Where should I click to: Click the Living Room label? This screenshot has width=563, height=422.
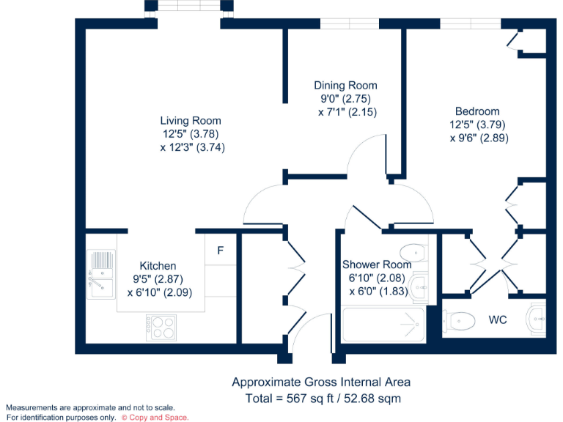tap(191, 121)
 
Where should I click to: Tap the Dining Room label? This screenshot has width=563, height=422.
tap(345, 86)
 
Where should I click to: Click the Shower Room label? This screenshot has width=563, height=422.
tap(377, 264)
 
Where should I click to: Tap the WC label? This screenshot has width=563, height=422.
tap(498, 320)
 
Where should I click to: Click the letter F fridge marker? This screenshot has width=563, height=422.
tap(220, 251)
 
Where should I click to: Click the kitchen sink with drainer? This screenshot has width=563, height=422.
tap(100, 275)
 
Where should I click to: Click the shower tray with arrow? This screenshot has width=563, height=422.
tap(383, 323)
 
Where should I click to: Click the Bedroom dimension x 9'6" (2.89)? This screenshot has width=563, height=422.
tap(479, 137)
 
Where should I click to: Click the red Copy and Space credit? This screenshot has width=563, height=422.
tap(155, 417)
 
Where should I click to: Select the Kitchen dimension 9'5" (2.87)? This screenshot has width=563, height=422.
tap(158, 278)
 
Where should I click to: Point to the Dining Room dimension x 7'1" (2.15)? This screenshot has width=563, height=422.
tap(347, 112)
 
